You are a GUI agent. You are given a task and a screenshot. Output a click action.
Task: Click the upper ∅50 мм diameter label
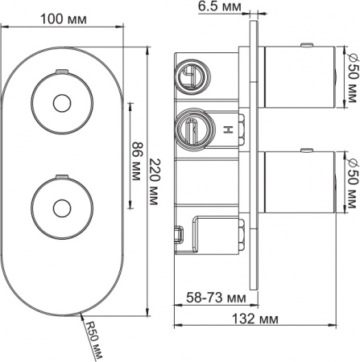tap(350, 80)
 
